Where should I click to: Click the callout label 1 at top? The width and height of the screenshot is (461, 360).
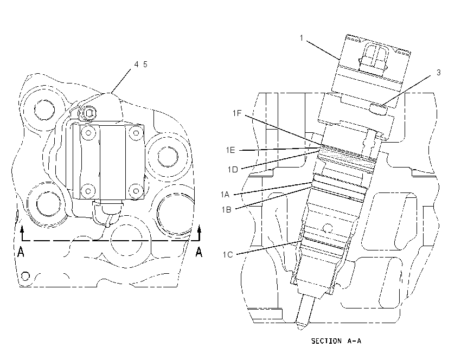coord(302,38)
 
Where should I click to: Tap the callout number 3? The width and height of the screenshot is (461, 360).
coord(439,73)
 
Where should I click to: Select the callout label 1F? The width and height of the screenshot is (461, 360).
coord(237,113)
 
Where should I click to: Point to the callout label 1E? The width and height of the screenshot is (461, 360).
coord(230,150)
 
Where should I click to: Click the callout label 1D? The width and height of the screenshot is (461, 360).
coord(233,170)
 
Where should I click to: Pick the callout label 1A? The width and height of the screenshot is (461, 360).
coord(225,194)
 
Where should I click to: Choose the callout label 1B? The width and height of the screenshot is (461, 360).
coord(226,209)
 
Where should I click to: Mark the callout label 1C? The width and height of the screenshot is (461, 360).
coord(228,254)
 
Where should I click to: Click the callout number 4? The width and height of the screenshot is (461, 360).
coord(137,65)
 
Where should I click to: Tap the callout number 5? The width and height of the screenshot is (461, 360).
coord(145,65)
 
